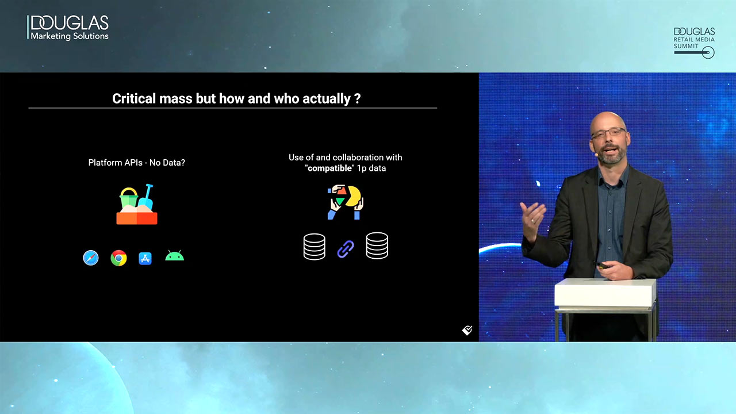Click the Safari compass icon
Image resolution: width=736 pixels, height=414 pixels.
click(91, 258)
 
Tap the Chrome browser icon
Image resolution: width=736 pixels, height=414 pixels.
click(118, 258)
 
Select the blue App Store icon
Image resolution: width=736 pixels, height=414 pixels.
click(145, 259)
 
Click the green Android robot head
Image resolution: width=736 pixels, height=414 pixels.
click(174, 256)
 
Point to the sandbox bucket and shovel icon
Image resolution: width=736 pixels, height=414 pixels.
click(137, 204)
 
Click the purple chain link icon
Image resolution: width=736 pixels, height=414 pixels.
click(346, 249)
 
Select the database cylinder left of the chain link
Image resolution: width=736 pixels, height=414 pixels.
click(315, 247)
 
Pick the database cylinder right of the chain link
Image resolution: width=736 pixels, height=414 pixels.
click(377, 246)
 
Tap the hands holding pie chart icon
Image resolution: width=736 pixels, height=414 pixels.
click(346, 202)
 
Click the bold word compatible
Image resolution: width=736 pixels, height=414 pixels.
click(329, 168)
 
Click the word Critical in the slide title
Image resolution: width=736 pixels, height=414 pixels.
click(134, 98)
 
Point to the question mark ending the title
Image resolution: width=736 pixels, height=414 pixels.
click(358, 98)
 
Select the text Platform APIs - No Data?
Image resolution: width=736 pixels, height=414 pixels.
click(137, 163)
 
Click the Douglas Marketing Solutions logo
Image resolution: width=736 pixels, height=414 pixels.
click(68, 28)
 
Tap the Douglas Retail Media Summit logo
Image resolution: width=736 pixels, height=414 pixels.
click(694, 43)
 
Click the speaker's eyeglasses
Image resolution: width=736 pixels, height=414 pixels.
click(608, 133)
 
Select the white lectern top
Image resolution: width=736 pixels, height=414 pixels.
click(605, 293)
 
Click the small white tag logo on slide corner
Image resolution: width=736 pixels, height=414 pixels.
click(467, 330)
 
